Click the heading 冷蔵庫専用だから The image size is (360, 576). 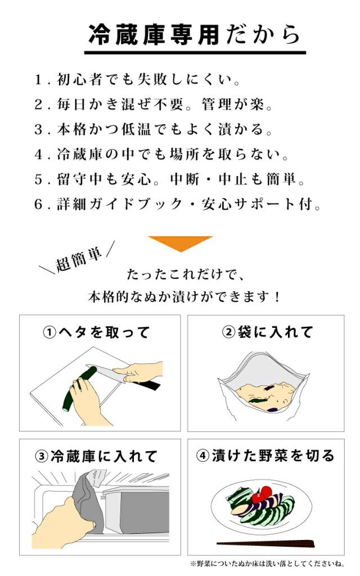[x=194, y=34]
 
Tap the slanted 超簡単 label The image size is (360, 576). [x=79, y=259]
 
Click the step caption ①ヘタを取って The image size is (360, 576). [x=97, y=332]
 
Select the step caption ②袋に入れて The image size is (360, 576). [x=267, y=332]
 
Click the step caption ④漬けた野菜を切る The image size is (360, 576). [x=265, y=455]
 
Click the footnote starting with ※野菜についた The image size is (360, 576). [x=267, y=564]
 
